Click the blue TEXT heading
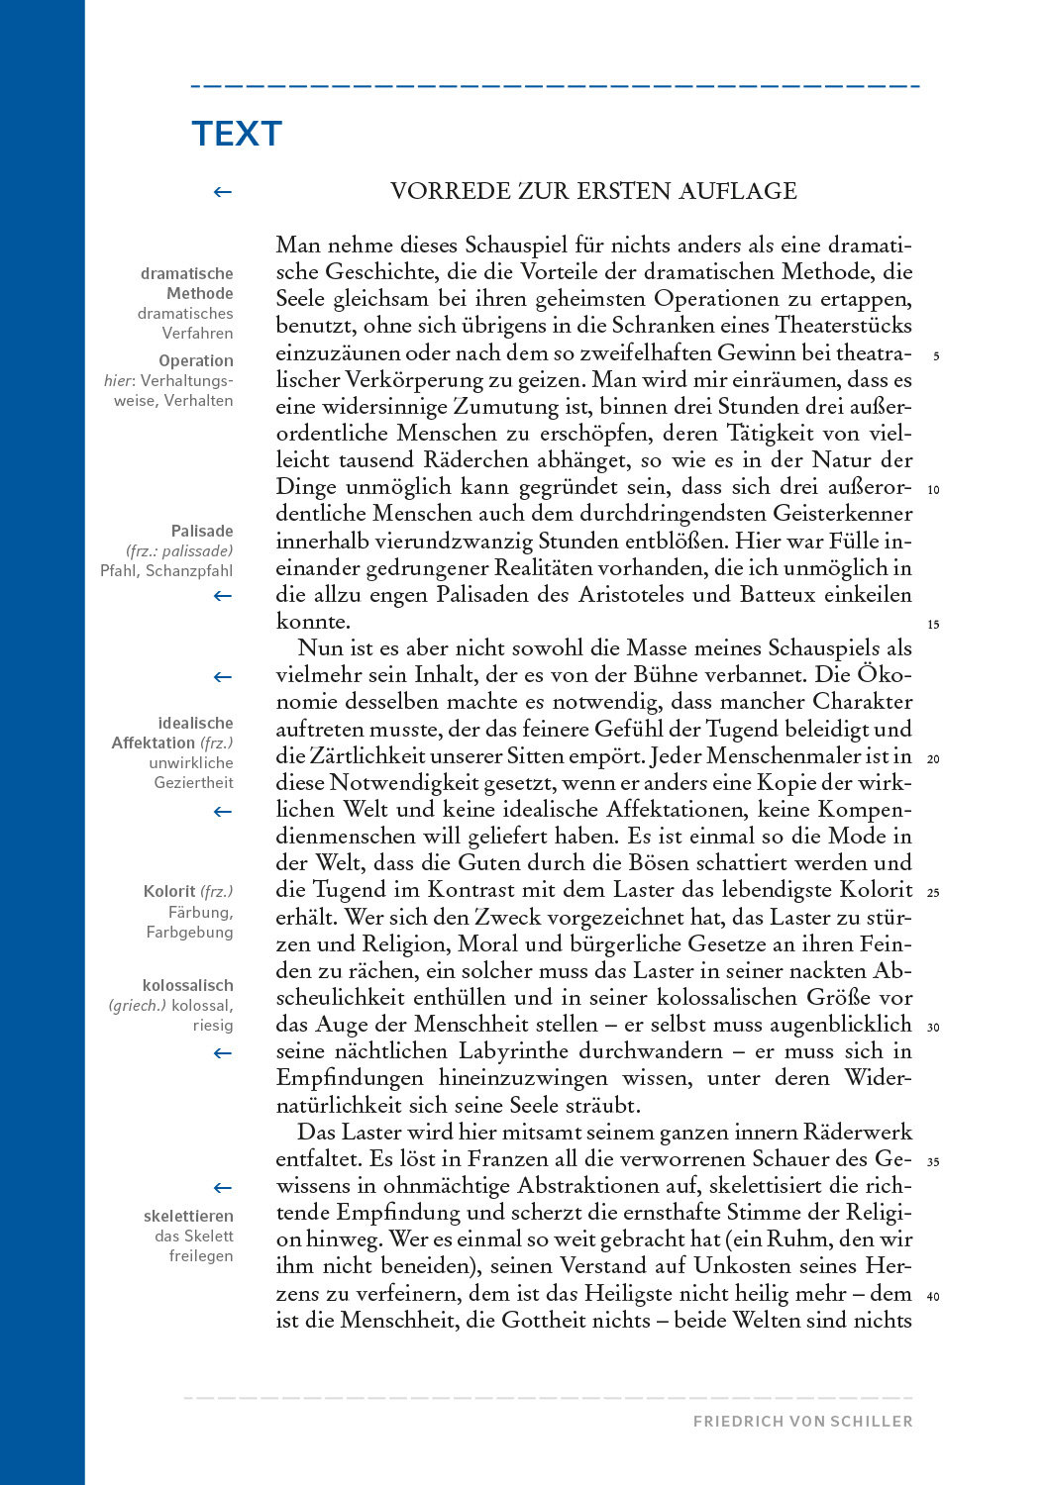[237, 134]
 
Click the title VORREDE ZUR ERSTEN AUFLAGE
[593, 191]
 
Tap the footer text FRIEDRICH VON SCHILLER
[802, 1421]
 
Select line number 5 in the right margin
[936, 356]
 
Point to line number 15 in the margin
[933, 625]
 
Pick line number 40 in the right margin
[933, 1296]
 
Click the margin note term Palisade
[202, 532]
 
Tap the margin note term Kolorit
[169, 892]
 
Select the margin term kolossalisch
[187, 986]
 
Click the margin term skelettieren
[188, 1217]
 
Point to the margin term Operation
[196, 361]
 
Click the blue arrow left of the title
[223, 192]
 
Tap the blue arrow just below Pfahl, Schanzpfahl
[223, 596]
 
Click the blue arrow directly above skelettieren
[223, 1188]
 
